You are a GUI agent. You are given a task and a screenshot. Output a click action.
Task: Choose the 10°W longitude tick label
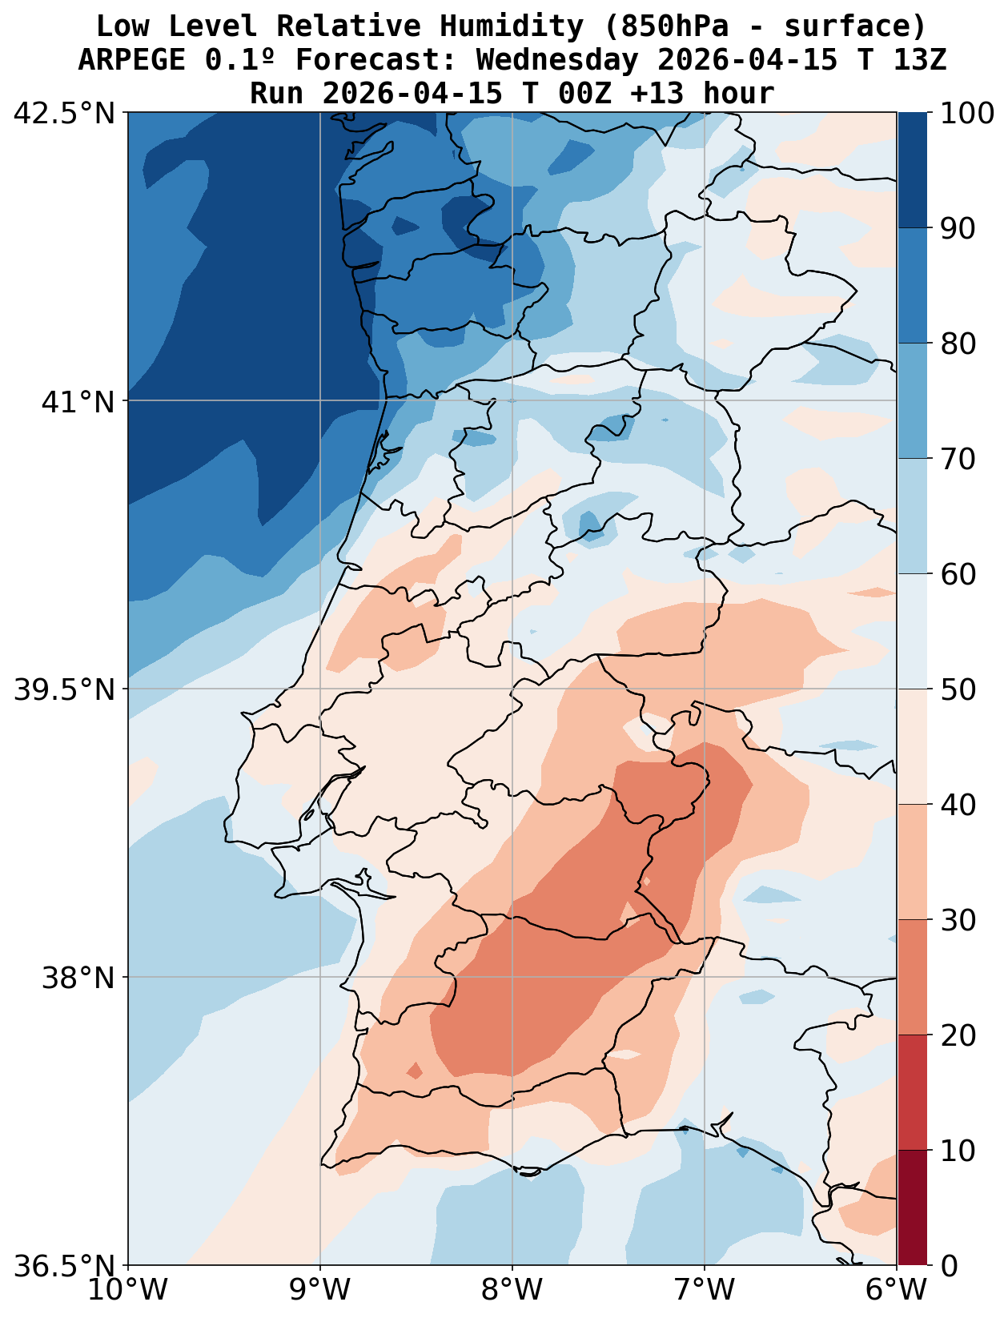point(128,1291)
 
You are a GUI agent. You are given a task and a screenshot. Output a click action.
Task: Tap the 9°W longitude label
point(320,1291)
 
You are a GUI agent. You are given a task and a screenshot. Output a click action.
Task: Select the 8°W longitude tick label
point(512,1291)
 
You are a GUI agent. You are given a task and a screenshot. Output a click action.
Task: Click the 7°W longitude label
point(705,1291)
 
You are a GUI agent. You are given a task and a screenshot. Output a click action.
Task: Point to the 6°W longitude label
point(895,1291)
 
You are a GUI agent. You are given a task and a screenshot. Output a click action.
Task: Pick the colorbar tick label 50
point(957,689)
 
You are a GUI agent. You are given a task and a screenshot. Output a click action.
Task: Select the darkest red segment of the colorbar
point(912,1207)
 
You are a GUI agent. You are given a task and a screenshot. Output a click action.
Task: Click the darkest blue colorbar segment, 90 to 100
point(912,170)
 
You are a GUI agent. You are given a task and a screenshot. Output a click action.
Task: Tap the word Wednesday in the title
point(557,60)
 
